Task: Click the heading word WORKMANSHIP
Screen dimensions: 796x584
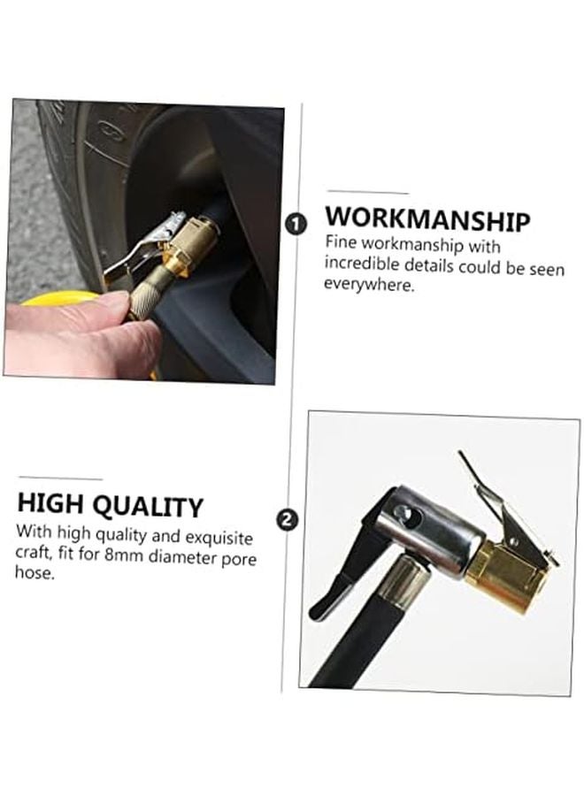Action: pos(427,219)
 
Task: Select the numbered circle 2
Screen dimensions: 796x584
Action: pos(287,519)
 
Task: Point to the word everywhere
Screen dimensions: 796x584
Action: pos(369,285)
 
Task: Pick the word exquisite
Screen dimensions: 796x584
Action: pos(211,537)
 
